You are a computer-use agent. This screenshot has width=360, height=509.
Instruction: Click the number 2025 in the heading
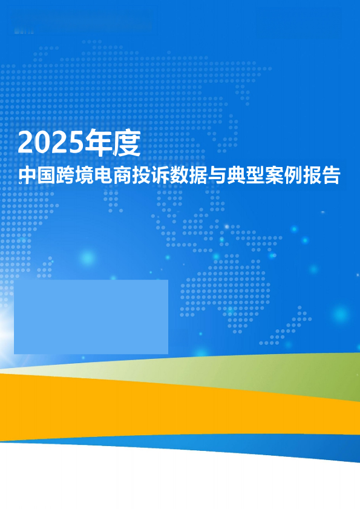(x=51, y=143)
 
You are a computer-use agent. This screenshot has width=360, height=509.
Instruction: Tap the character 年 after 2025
(x=97, y=143)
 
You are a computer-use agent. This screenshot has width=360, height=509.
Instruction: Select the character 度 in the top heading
(x=126, y=143)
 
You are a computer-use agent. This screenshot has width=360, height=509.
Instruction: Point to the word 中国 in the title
(x=36, y=176)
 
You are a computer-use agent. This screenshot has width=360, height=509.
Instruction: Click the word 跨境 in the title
(x=74, y=176)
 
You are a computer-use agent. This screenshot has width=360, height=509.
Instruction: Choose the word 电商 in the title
(x=113, y=176)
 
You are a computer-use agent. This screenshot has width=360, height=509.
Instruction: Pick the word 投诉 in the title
(x=151, y=176)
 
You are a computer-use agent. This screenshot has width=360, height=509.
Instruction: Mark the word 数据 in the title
(x=189, y=176)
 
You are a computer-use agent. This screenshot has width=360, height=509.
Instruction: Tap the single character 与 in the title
(x=217, y=176)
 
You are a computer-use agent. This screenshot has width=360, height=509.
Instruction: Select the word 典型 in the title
(x=246, y=176)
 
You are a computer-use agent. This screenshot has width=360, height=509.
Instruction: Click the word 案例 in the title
(x=284, y=176)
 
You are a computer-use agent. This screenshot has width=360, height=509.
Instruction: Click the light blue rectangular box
(x=91, y=317)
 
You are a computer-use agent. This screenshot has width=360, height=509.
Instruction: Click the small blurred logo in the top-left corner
(x=24, y=31)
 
